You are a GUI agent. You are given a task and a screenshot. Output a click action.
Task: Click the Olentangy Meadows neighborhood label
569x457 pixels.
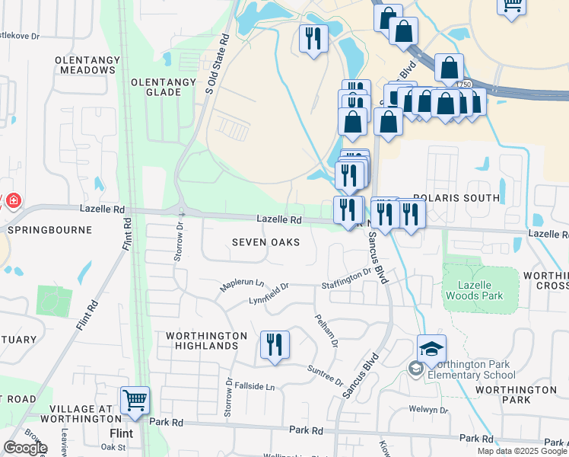pyautogui.click(x=84, y=64)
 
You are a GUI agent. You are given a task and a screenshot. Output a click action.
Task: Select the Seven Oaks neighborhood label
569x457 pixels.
pyautogui.click(x=265, y=242)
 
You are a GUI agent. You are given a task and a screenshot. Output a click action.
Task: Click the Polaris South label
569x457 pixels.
pyautogui.click(x=456, y=198)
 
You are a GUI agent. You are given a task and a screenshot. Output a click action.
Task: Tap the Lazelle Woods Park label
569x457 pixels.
pyautogui.click(x=481, y=289)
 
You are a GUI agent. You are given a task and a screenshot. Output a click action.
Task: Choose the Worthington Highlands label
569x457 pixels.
pyautogui.click(x=207, y=340)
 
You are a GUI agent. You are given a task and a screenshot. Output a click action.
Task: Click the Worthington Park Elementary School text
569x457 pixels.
pyautogui.click(x=472, y=369)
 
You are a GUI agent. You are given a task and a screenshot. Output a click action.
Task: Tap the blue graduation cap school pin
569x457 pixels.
pyautogui.click(x=431, y=350)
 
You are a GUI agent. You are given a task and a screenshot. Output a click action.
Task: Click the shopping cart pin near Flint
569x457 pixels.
pyautogui.click(x=135, y=400)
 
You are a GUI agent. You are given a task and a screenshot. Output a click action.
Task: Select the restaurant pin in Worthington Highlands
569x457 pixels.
pyautogui.click(x=275, y=344)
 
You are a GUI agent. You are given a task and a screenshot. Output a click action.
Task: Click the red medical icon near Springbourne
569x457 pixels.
pyautogui.click(x=13, y=201)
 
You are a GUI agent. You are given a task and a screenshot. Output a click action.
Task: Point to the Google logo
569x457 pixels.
pyautogui.click(x=25, y=447)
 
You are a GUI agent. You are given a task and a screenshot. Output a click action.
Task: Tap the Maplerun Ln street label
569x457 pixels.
pyautogui.click(x=241, y=284)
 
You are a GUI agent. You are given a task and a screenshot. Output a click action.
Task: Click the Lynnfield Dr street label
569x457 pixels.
pyautogui.click(x=269, y=294)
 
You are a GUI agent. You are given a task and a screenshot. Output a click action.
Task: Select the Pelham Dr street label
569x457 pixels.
pyautogui.click(x=326, y=328)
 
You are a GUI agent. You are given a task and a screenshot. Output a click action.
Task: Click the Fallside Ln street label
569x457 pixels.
pyautogui.click(x=254, y=387)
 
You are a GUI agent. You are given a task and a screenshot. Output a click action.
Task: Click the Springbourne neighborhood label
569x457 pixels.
pyautogui.click(x=49, y=229)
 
